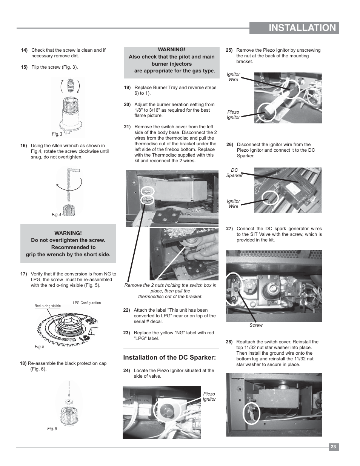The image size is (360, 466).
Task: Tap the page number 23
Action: (333, 447)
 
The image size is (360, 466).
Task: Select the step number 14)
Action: (24, 50)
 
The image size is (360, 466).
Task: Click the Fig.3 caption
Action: (57, 134)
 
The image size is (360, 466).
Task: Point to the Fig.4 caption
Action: (56, 215)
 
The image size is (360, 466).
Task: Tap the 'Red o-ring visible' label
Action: (48, 306)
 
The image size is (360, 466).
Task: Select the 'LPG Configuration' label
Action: (87, 303)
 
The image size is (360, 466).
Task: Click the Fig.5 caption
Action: (39, 347)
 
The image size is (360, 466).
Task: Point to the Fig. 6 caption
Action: (52, 429)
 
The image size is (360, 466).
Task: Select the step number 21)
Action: (127, 127)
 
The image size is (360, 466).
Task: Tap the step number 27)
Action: (229, 229)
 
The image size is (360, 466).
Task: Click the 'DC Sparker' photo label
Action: (234, 173)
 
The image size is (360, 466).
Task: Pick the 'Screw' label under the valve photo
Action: (256, 325)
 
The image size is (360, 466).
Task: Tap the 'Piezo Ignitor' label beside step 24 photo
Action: (209, 397)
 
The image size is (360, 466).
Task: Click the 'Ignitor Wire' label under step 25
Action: (233, 77)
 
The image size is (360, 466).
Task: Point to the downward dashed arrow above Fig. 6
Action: (69, 388)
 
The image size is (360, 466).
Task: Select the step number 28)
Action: (229, 342)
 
